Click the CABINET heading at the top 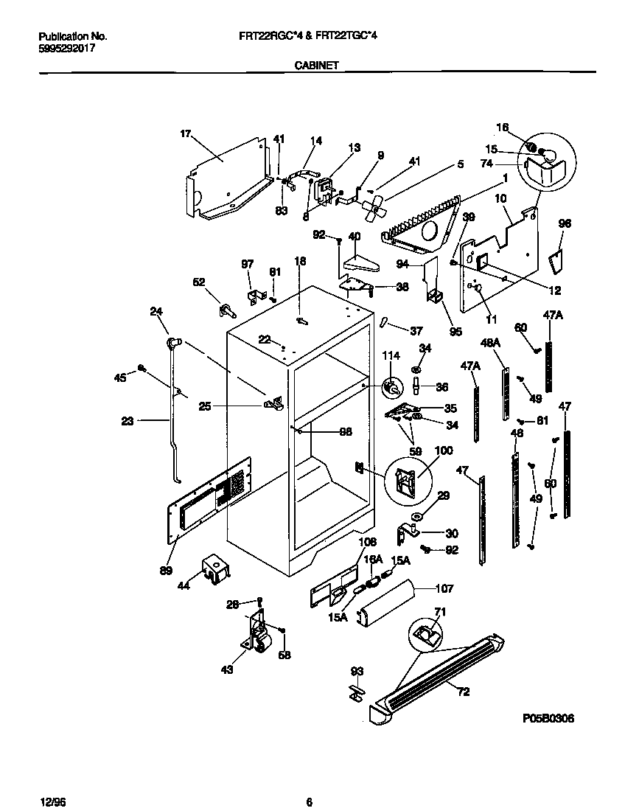(316, 65)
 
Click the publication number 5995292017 (66, 49)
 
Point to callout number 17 (185, 133)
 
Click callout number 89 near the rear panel (167, 570)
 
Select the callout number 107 (444, 588)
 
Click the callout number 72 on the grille (462, 692)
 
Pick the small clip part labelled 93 (355, 692)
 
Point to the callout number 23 (128, 422)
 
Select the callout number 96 (565, 223)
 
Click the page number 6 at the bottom (310, 802)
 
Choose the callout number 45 (120, 377)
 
